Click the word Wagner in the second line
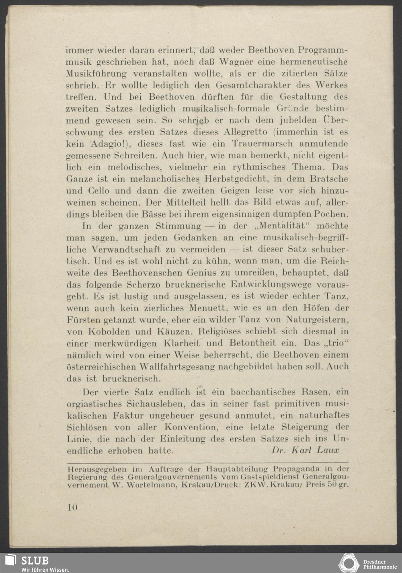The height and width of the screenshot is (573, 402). click(x=236, y=62)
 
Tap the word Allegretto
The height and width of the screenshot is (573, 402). click(x=246, y=132)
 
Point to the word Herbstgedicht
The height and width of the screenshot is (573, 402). click(x=236, y=179)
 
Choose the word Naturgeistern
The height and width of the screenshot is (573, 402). click(x=317, y=320)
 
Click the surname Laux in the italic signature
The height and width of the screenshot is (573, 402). click(x=328, y=450)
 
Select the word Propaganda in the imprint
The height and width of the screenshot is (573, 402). click(x=296, y=469)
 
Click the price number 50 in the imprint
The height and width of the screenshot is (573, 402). click(x=331, y=485)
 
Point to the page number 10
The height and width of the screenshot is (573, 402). click(x=72, y=507)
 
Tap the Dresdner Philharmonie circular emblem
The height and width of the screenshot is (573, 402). click(x=349, y=563)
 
